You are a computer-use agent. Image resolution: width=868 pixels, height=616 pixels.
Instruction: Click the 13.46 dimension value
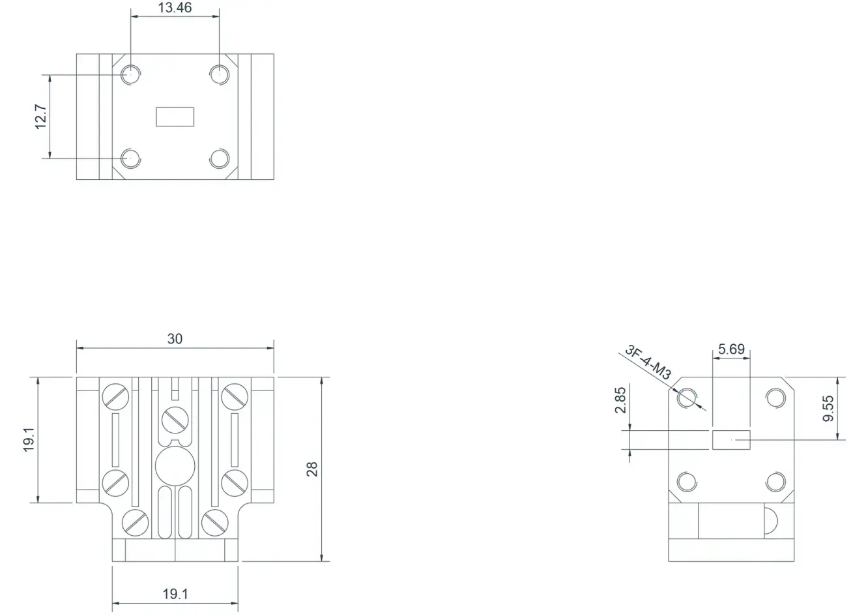(175, 8)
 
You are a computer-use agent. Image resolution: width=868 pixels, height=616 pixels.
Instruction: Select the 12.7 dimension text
(40, 117)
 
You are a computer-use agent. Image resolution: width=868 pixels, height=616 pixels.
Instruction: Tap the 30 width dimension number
(175, 339)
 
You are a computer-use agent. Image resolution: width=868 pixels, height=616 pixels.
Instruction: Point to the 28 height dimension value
(312, 469)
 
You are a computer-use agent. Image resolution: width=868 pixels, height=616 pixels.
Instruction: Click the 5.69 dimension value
(731, 349)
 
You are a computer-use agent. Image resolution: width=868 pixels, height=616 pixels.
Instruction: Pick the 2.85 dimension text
(620, 400)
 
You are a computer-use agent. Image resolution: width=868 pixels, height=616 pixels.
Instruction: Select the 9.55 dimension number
(828, 408)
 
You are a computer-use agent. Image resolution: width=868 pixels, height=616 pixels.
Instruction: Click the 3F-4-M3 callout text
(648, 362)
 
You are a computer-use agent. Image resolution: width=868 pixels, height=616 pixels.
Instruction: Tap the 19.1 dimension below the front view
(175, 594)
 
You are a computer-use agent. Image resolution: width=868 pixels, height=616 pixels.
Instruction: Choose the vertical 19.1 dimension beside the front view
(29, 439)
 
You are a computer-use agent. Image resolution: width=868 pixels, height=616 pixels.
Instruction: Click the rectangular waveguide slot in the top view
(175, 117)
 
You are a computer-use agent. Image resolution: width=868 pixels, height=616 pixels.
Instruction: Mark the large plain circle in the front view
(175, 466)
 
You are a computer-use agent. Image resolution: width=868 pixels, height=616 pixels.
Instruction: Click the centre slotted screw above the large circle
(175, 420)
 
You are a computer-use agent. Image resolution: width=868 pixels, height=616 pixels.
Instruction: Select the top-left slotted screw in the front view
(115, 396)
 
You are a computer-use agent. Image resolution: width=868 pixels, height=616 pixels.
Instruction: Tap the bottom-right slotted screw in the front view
(214, 523)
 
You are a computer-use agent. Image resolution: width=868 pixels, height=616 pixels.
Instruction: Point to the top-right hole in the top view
(220, 74)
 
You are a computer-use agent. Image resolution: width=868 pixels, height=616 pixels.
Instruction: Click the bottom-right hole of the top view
(220, 158)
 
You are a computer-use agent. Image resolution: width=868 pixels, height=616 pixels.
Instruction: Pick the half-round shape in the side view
(771, 521)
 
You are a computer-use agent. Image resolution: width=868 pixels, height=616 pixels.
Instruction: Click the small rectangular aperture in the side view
(731, 440)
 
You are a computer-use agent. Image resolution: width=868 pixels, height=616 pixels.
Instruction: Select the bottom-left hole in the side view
(687, 482)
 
